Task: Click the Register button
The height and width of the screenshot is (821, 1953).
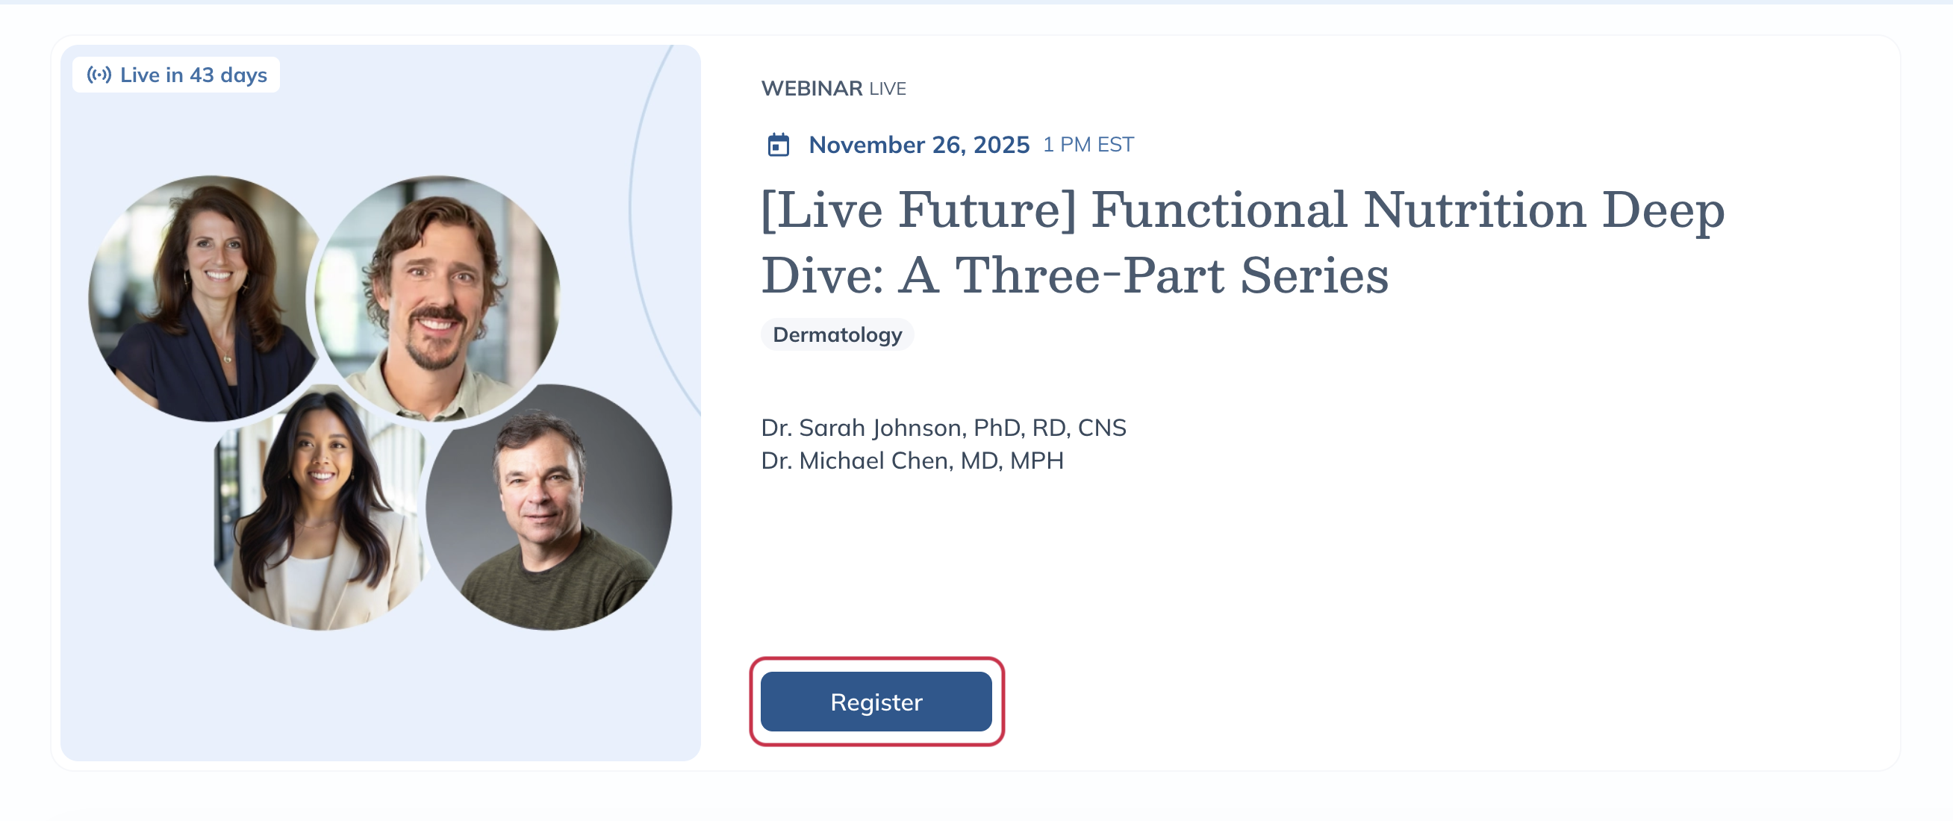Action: coord(876,702)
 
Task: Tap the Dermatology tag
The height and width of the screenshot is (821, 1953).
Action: coord(837,334)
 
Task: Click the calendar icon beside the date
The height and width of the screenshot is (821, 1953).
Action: coord(778,144)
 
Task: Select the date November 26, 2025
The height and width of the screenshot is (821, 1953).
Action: coord(919,144)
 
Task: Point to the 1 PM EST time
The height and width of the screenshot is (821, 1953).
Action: coord(1088,144)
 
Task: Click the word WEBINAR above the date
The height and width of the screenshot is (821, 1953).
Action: coord(812,88)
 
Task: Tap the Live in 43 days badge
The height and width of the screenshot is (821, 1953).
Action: coord(176,75)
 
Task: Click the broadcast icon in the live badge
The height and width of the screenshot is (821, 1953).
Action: coord(99,75)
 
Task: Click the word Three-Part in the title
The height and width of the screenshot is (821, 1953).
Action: coord(1089,275)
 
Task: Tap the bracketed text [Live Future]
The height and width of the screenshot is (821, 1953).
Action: coord(919,210)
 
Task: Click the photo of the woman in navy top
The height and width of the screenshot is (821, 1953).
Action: coord(203,299)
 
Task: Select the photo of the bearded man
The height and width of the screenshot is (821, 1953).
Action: coord(437,299)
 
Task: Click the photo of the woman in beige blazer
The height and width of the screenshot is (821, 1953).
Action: coord(320,508)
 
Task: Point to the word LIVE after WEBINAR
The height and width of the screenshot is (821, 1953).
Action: coord(887,89)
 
